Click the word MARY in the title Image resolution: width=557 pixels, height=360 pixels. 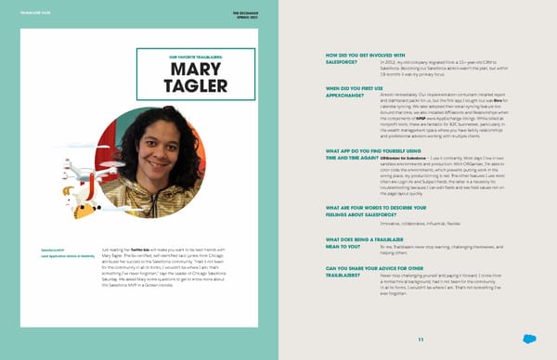tap(182, 70)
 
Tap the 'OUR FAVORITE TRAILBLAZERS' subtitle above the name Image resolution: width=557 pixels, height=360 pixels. tap(182, 56)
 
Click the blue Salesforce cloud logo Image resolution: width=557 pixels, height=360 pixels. tap(528, 339)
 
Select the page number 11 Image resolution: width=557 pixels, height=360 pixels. tap(420, 338)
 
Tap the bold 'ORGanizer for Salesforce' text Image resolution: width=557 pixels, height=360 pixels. tap(400, 157)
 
